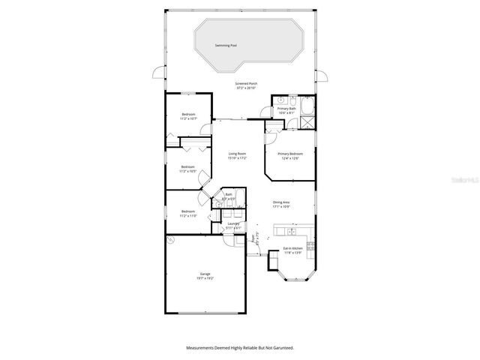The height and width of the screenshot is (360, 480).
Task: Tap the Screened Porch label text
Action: [247, 83]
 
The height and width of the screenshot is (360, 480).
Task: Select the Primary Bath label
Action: [287, 109]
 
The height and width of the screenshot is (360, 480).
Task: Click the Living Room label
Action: [238, 154]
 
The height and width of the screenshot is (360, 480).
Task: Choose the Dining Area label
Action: [282, 202]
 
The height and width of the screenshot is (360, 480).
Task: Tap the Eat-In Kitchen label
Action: [292, 248]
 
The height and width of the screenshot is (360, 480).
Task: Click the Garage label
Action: [205, 274]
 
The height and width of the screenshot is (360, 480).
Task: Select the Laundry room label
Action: [232, 224]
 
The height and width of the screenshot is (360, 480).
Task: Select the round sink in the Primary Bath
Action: [279, 99]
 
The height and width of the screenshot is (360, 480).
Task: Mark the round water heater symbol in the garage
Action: [170, 239]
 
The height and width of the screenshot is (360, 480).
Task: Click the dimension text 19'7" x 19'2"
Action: [205, 278]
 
